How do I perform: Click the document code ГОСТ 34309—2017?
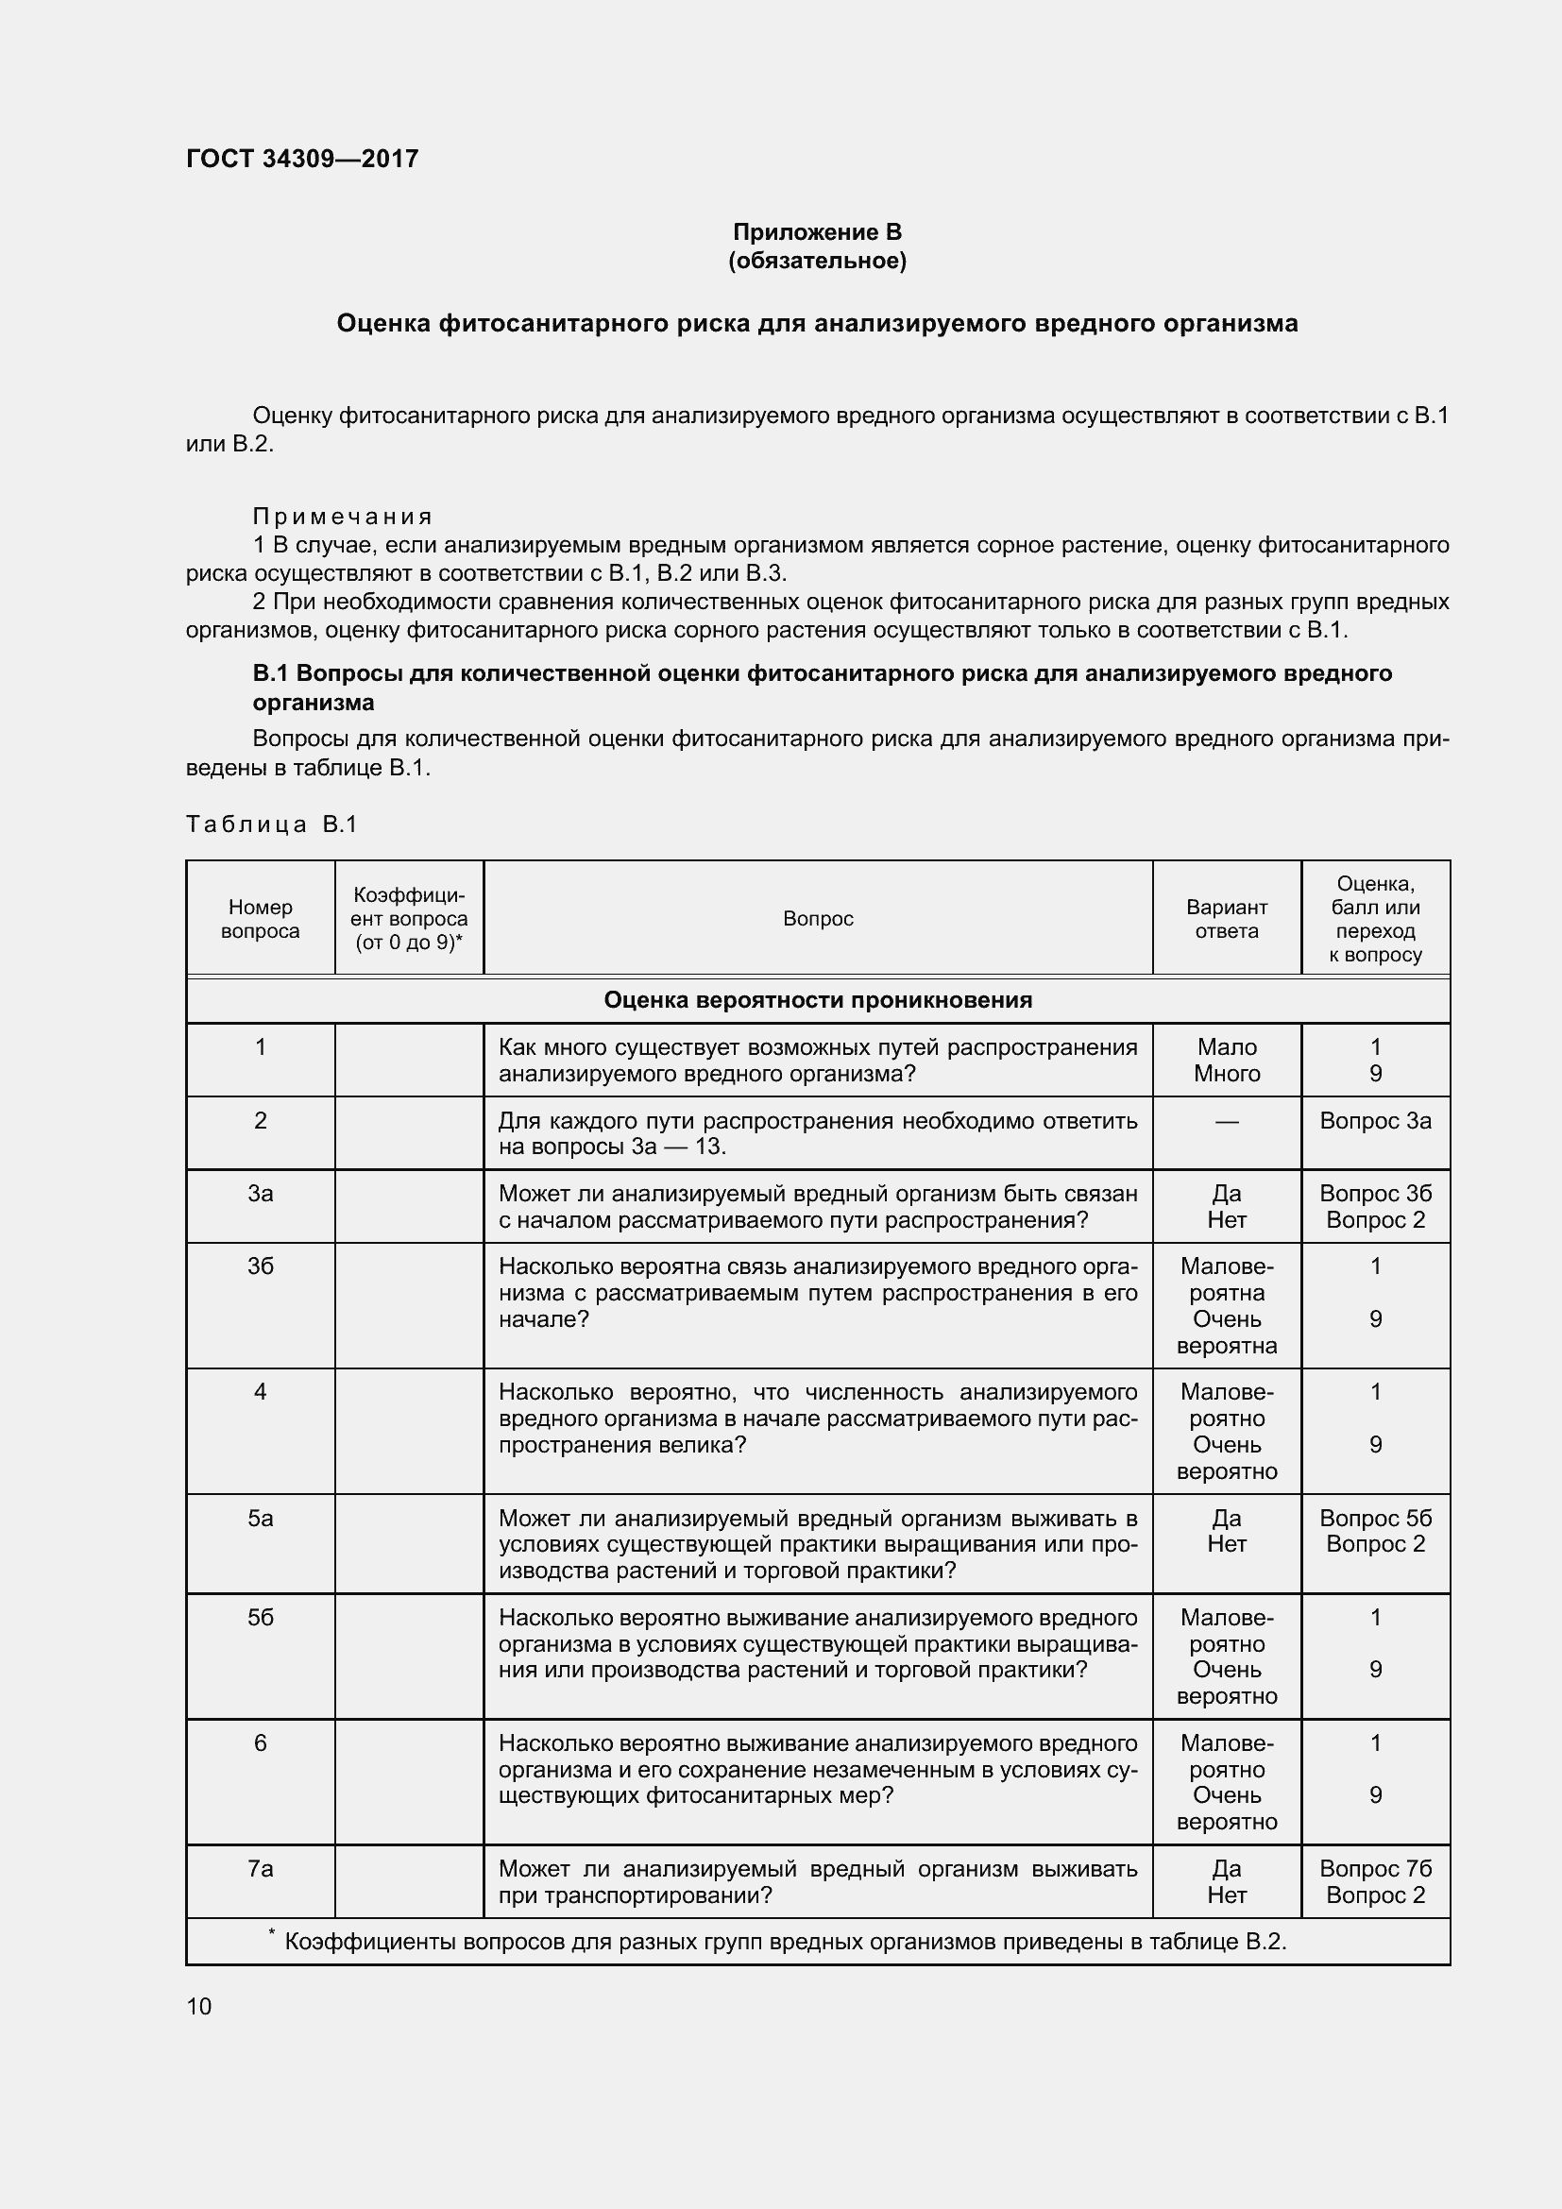(x=302, y=159)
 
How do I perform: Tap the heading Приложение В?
(x=817, y=232)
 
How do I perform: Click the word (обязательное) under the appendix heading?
(x=817, y=261)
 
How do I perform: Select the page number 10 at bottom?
(x=199, y=2006)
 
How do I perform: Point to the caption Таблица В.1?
(x=271, y=824)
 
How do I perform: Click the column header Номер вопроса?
(x=260, y=919)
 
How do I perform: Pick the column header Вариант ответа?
(x=1227, y=919)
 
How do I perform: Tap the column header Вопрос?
(x=818, y=919)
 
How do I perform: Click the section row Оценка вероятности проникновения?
(x=818, y=999)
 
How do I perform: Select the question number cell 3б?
(x=260, y=1267)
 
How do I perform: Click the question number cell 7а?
(x=260, y=1868)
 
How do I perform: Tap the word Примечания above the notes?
(x=343, y=517)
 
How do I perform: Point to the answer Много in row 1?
(x=1227, y=1074)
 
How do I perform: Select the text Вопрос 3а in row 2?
(x=1375, y=1121)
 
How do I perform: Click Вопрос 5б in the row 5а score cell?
(x=1375, y=1519)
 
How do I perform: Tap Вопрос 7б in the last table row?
(x=1375, y=1868)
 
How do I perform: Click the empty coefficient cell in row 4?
(x=409, y=1431)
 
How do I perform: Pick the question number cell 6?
(x=260, y=1743)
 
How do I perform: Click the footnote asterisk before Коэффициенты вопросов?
(x=272, y=1931)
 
